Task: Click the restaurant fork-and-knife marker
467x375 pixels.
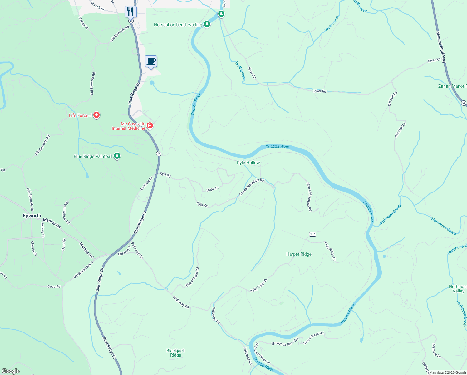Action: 130,12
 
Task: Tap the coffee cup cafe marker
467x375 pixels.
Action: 151,61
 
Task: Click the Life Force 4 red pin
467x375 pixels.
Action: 97,115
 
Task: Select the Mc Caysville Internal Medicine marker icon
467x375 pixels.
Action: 150,126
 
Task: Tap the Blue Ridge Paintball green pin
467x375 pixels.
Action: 117,156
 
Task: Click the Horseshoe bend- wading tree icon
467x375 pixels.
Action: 207,24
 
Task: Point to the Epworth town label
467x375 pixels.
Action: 32,216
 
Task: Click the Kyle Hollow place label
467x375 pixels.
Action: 248,162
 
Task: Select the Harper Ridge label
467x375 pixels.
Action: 299,254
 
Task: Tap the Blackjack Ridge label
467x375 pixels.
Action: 175,353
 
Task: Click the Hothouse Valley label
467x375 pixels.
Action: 458,289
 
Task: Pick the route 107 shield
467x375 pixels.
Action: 313,234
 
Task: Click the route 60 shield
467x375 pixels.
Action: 464,103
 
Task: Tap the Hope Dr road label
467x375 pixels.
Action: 212,189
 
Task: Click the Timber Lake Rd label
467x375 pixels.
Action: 192,277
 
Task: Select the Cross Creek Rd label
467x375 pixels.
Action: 313,338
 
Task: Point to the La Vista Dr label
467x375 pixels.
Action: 146,183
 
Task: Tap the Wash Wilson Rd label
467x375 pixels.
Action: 66,213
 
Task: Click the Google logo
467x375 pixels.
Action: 10,371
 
